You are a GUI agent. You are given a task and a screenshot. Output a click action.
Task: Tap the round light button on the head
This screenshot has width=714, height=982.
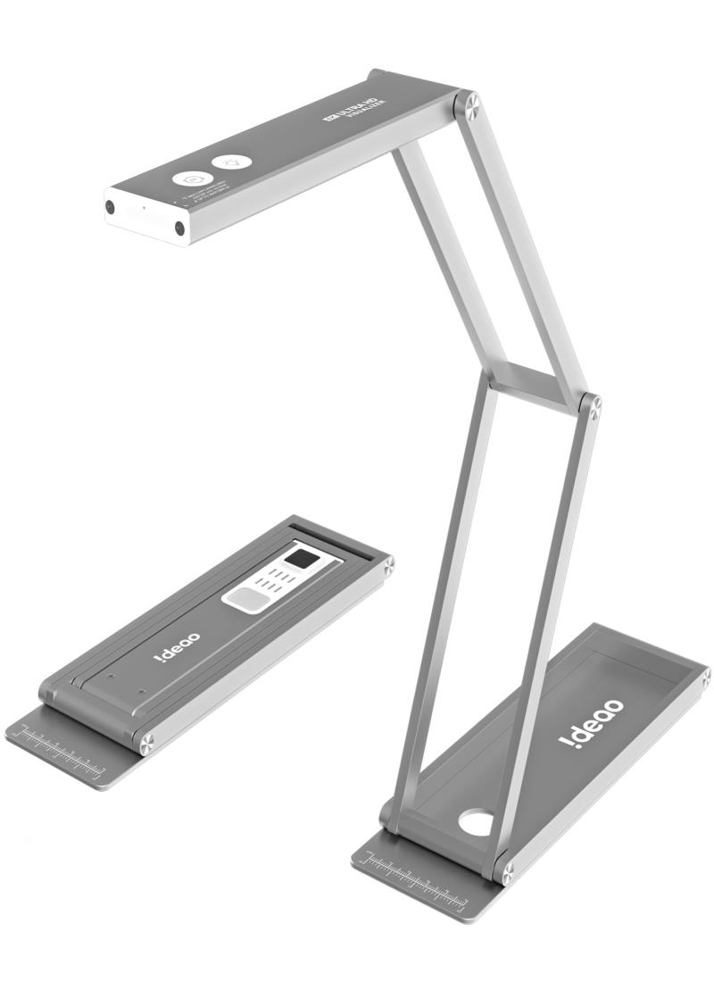coord(231,162)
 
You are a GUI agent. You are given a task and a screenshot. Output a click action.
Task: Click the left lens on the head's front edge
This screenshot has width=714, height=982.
coord(110,206)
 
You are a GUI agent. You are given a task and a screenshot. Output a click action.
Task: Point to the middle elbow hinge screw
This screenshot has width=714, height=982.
coord(589,404)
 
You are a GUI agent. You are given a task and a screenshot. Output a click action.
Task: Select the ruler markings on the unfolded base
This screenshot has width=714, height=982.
coord(416,878)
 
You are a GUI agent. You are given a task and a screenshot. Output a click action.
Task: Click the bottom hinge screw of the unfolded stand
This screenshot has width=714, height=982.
coord(503,869)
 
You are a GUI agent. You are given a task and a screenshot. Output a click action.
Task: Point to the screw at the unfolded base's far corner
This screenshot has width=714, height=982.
coord(704,678)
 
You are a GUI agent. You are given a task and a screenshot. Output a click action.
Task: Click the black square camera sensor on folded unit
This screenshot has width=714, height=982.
coord(304,560)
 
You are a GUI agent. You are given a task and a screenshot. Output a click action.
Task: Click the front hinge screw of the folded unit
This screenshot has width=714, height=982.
coord(145,739)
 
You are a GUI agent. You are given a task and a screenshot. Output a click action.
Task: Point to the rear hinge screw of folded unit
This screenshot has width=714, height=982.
coord(388,564)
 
